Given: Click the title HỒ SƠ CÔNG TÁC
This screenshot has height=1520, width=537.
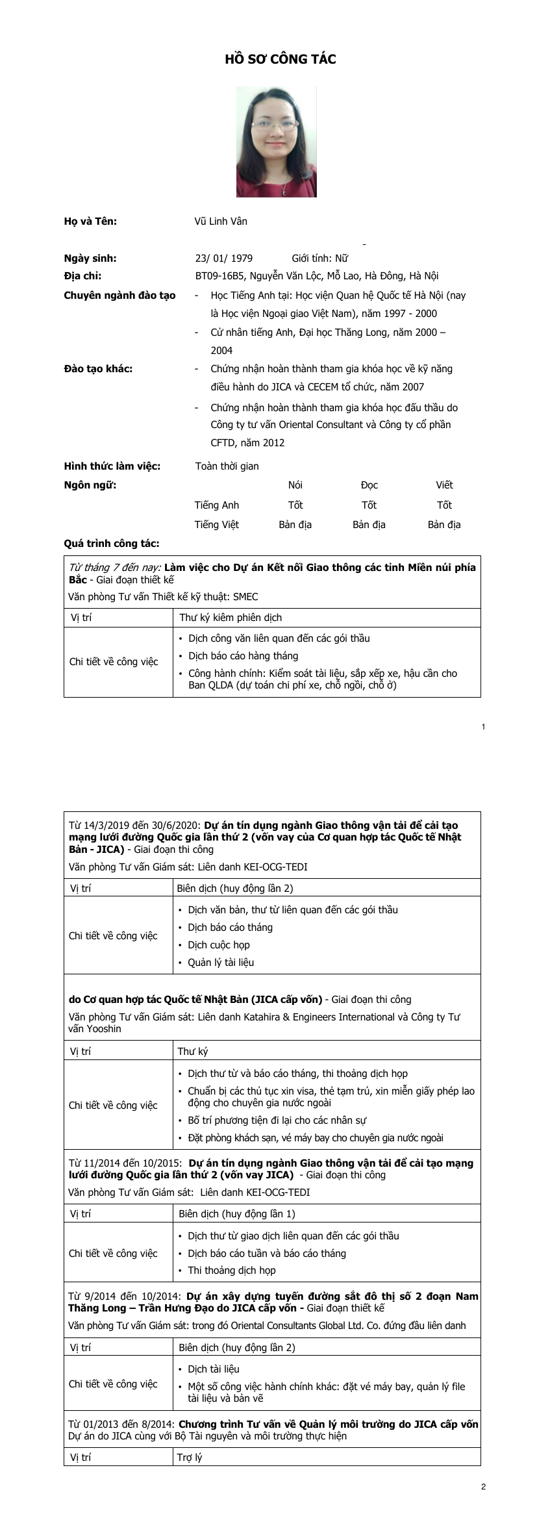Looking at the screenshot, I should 280,60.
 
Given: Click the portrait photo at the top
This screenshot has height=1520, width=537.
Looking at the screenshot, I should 276,142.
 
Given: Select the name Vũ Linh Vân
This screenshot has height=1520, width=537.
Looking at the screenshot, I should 221,221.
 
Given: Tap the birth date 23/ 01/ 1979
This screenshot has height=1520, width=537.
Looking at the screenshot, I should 224,258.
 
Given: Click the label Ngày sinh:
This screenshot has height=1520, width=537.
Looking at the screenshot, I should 90,258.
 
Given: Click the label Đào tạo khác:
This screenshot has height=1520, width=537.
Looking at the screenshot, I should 98,369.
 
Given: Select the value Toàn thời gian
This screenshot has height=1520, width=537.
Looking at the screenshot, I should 227,466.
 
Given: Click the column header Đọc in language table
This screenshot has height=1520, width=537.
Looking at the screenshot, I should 369,485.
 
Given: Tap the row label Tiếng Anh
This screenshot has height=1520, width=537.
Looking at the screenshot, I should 217,505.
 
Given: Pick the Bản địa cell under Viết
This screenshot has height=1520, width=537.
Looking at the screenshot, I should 444,524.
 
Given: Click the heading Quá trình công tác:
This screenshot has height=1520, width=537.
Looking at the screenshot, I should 112,543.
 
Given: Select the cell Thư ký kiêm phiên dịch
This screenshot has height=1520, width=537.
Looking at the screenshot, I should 231,617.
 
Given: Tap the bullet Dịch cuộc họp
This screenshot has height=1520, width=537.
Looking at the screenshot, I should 218,944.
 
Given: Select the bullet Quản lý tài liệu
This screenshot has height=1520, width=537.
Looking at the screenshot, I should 221,962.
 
